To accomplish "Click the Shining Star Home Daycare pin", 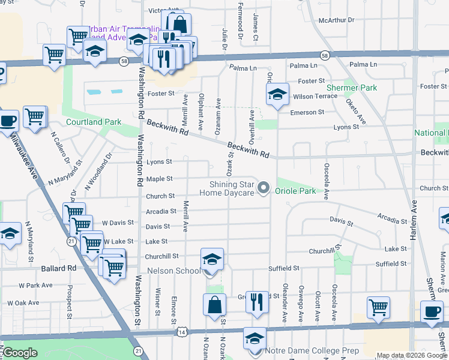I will (x=263, y=189).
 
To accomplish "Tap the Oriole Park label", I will (x=295, y=191).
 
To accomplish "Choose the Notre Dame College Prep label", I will (x=315, y=351).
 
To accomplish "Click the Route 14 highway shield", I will (x=182, y=331).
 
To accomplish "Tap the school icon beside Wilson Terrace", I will (x=277, y=94).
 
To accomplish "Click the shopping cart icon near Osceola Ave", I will (x=378, y=307).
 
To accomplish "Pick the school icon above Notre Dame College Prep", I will (x=255, y=338).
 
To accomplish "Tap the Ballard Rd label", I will (x=59, y=268).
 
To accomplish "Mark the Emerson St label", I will (x=307, y=112).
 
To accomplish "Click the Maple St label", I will (x=160, y=179).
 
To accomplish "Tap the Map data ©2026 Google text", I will (x=412, y=355).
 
